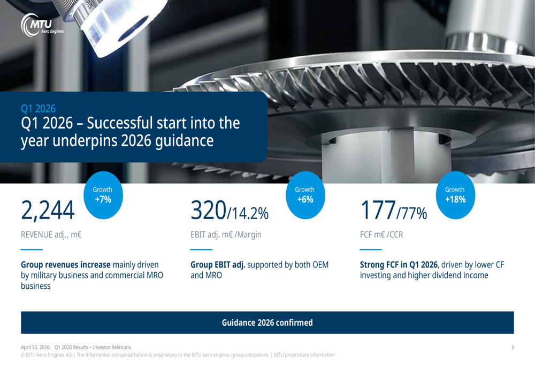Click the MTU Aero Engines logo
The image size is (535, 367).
pyautogui.click(x=43, y=26)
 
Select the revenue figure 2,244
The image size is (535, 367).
pyautogui.click(x=47, y=210)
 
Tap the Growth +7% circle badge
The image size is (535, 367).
pyautogui.click(x=103, y=195)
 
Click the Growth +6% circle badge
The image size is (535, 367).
pyautogui.click(x=305, y=195)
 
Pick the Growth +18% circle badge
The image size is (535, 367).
pyautogui.click(x=455, y=195)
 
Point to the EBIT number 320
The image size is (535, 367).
pyautogui.click(x=209, y=210)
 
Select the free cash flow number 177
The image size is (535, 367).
pyautogui.click(x=378, y=210)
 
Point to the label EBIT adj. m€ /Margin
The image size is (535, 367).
pyautogui.click(x=226, y=234)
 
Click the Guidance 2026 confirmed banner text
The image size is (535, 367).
pyautogui.click(x=267, y=323)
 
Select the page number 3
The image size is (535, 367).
pyautogui.click(x=512, y=347)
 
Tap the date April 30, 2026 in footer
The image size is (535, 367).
pyautogui.click(x=35, y=347)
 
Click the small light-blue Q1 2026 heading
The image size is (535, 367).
pyautogui.click(x=38, y=109)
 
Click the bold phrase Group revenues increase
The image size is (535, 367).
pyautogui.click(x=65, y=265)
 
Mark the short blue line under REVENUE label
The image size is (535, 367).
pyautogui.click(x=32, y=250)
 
